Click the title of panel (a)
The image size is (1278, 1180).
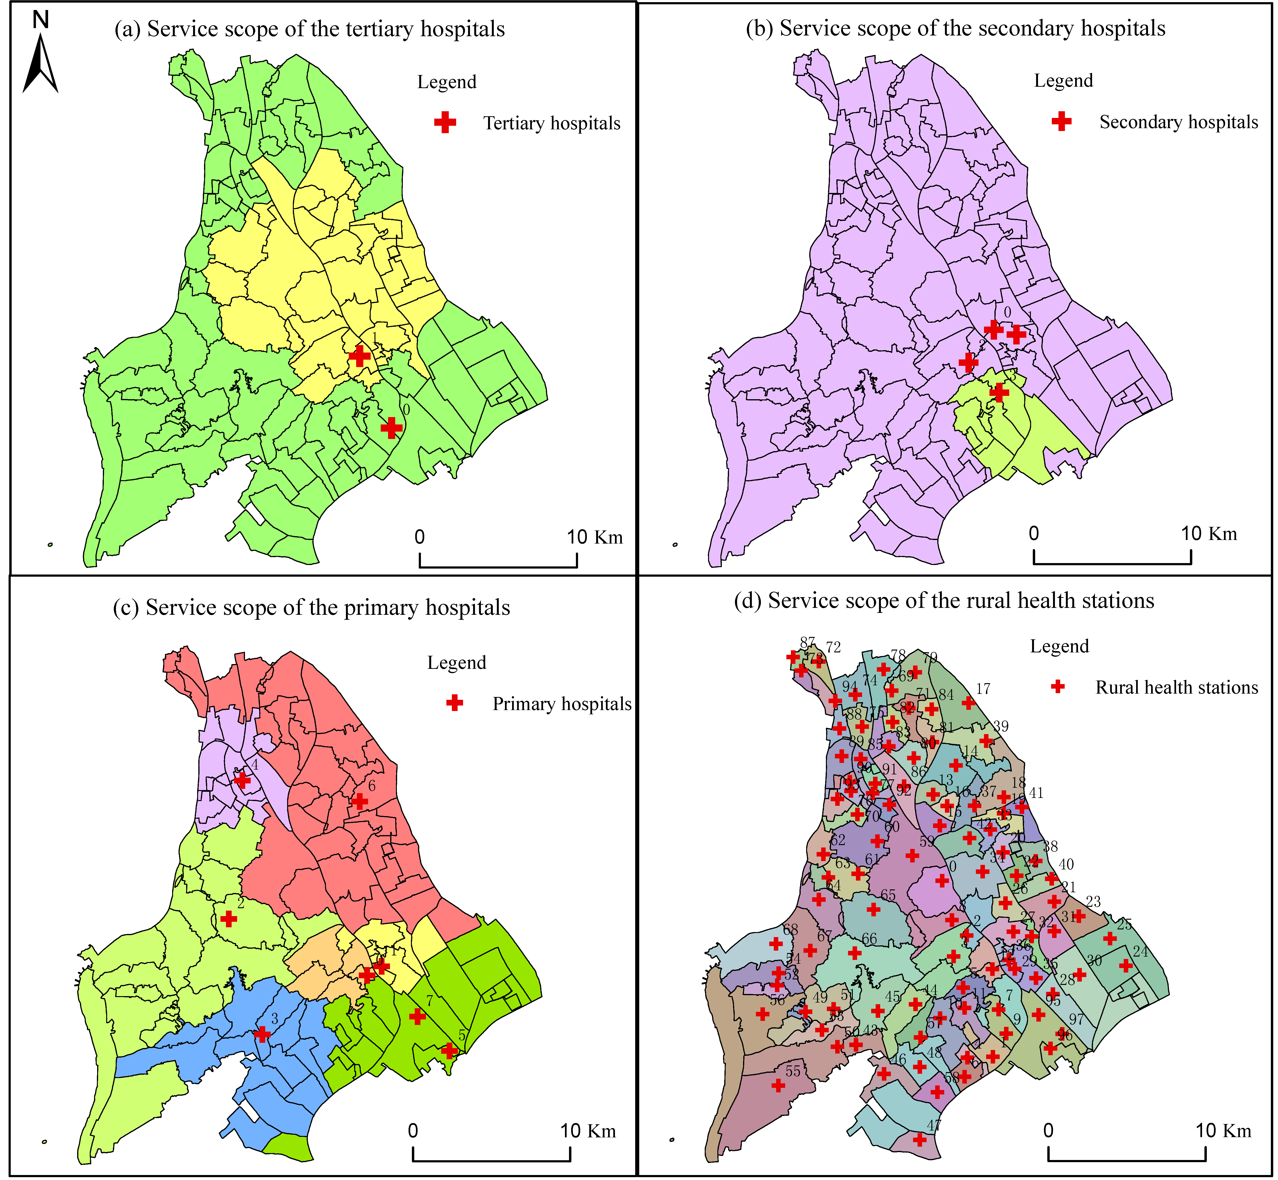(310, 29)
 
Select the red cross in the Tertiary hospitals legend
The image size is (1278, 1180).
(445, 123)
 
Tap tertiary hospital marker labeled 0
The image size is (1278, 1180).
(391, 428)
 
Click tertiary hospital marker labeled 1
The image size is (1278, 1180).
(359, 356)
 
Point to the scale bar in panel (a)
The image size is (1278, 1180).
(498, 560)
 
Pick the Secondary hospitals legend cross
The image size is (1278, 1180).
(1062, 121)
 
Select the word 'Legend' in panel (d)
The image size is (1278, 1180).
(1059, 646)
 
